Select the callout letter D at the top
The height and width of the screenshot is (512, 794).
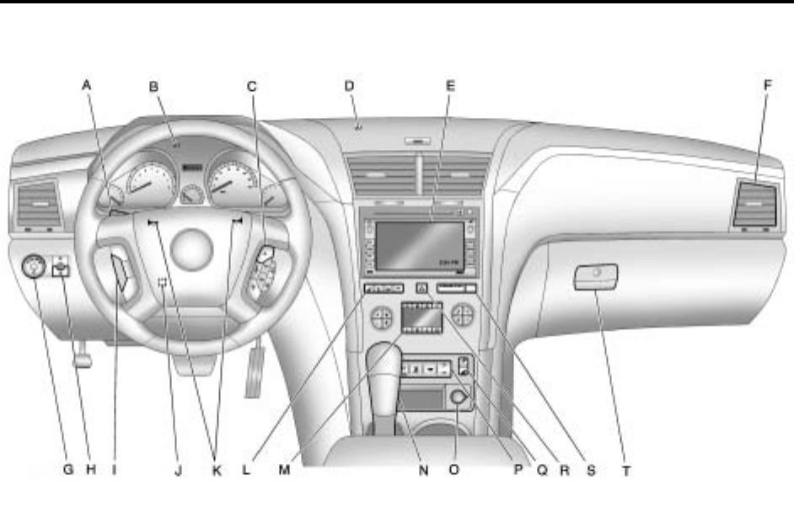(x=350, y=84)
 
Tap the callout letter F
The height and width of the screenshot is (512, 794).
(x=765, y=84)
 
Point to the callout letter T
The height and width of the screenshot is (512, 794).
(x=625, y=472)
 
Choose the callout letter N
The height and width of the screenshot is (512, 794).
(x=423, y=472)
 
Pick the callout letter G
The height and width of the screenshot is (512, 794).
(x=68, y=472)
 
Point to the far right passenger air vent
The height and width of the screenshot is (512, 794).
(x=754, y=205)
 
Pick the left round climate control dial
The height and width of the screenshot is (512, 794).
(x=382, y=317)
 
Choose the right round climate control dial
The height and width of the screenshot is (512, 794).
(x=462, y=316)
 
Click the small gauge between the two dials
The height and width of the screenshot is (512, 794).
(x=192, y=193)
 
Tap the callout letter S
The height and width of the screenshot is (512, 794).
(x=591, y=472)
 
